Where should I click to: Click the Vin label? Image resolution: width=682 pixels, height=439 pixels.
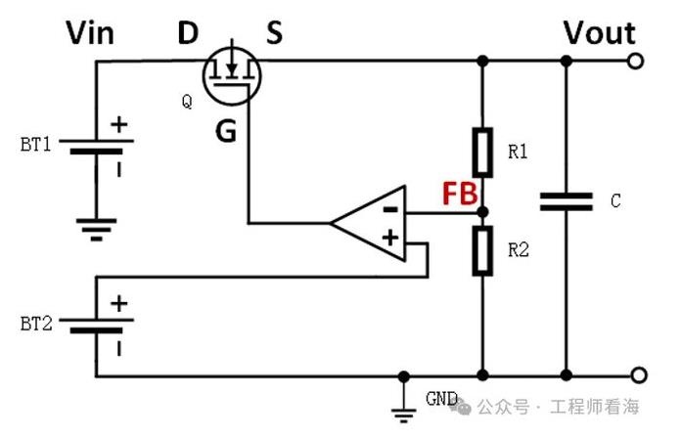[x=90, y=33]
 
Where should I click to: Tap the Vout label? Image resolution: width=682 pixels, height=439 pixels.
[x=600, y=32]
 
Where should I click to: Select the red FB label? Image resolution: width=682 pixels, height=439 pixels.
[x=460, y=194]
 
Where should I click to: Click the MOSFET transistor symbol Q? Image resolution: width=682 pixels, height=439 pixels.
[x=232, y=76]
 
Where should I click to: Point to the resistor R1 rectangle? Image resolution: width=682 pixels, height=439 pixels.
[x=482, y=153]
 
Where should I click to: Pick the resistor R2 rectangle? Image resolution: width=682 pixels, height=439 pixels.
[x=482, y=251]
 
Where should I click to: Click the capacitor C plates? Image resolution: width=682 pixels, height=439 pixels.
[x=566, y=201]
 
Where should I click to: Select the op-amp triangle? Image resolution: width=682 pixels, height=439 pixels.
[x=368, y=224]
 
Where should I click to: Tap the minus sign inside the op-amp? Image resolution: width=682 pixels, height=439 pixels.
[x=390, y=210]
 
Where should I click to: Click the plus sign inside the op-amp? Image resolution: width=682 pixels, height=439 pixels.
[x=390, y=238]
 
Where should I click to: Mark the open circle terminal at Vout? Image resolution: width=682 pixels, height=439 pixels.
[x=635, y=62]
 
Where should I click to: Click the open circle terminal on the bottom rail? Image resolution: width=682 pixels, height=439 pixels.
[x=639, y=375]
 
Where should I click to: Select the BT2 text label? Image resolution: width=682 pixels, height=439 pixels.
[x=36, y=324]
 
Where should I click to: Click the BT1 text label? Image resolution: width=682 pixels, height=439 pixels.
[x=35, y=145]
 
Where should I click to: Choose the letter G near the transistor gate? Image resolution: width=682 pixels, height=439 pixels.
[x=226, y=131]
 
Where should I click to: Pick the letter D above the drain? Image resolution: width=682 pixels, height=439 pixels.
[x=188, y=32]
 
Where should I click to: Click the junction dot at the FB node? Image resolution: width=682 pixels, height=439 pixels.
[x=482, y=212]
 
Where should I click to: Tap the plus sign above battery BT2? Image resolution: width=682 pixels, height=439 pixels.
[x=119, y=303]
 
